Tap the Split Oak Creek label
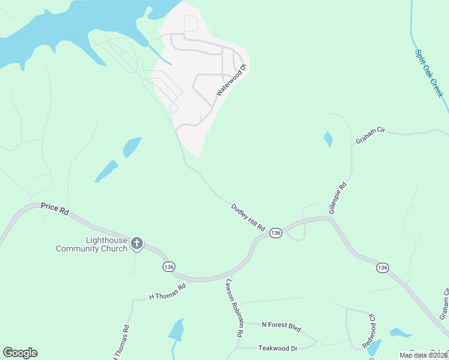[429, 73]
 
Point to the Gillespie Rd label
[338, 196]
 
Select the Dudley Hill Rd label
[249, 217]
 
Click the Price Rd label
[55, 208]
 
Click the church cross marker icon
[137, 243]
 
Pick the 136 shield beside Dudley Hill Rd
[276, 233]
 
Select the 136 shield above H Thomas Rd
[169, 266]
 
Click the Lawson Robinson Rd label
[234, 307]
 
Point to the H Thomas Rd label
[167, 292]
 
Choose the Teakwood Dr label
[278, 348]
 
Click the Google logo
[20, 353]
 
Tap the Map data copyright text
[423, 355]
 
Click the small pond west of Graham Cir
[328, 139]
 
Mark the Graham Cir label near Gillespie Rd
[369, 135]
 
